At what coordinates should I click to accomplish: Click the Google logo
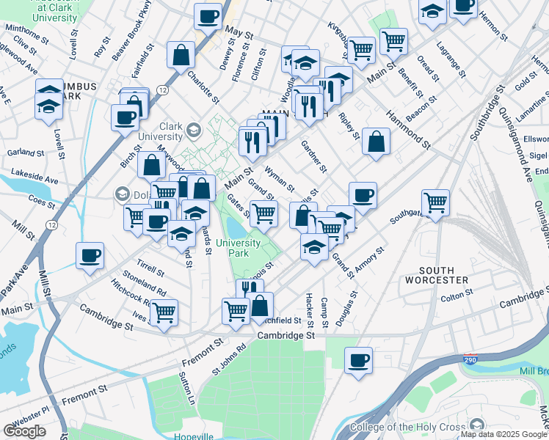24,431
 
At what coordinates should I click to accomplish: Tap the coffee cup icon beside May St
208,15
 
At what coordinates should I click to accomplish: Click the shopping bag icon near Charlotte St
181,54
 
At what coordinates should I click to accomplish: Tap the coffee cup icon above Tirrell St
90,256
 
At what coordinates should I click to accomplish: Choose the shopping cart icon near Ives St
164,312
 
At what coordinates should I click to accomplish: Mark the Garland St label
26,153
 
